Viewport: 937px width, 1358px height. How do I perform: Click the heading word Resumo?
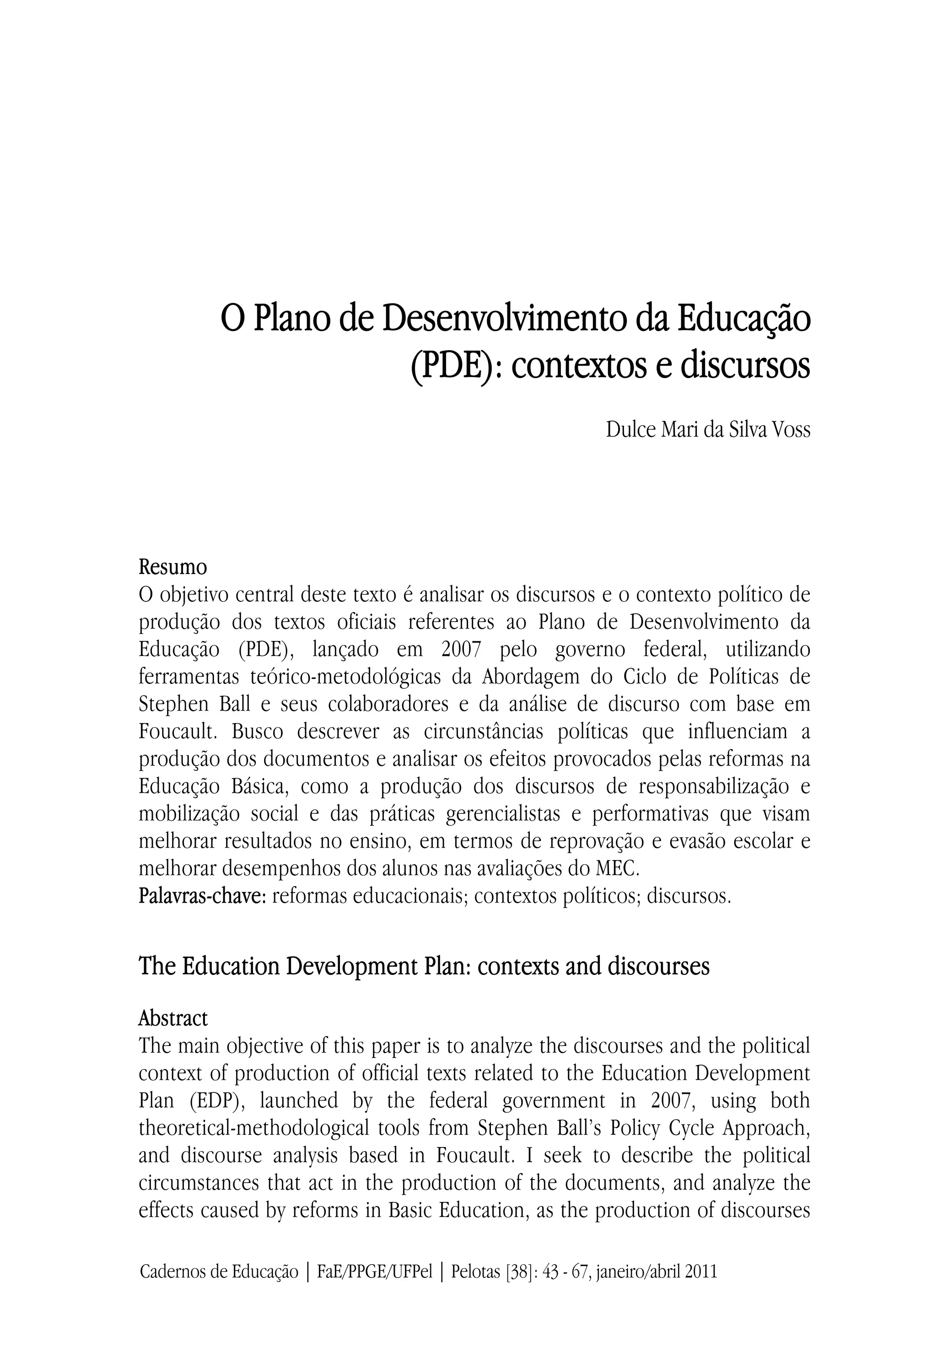coord(172,568)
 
